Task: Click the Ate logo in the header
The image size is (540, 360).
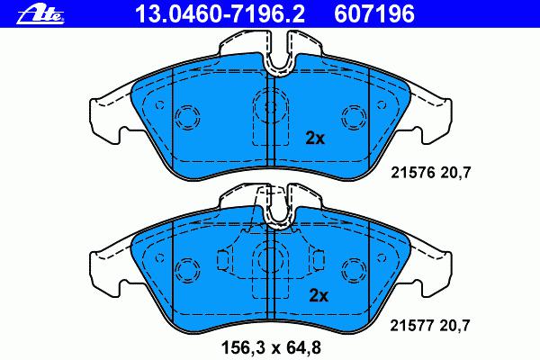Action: click(40, 15)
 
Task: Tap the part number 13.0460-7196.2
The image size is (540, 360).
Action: click(220, 14)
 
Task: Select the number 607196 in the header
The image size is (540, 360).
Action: click(374, 14)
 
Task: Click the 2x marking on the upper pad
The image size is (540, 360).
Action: click(315, 139)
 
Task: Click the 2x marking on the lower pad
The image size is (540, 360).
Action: click(319, 295)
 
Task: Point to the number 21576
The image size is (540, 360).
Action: click(413, 172)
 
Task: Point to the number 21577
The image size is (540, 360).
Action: click(412, 325)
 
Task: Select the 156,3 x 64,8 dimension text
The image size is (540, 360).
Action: click(272, 347)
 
